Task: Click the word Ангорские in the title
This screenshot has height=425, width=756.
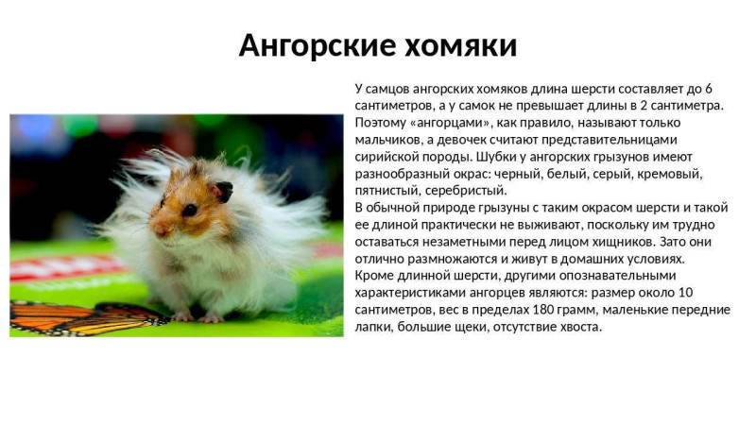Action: [x=317, y=45]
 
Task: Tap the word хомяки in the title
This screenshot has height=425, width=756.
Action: [x=460, y=45]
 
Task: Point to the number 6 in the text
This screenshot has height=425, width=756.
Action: [x=708, y=89]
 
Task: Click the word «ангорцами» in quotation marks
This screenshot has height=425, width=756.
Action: [x=451, y=123]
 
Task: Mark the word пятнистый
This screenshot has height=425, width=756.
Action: [x=388, y=191]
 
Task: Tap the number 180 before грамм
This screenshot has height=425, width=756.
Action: [x=542, y=310]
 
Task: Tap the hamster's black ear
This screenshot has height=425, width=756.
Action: [x=224, y=192]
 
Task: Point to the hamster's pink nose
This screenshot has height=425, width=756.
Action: [x=156, y=228]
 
